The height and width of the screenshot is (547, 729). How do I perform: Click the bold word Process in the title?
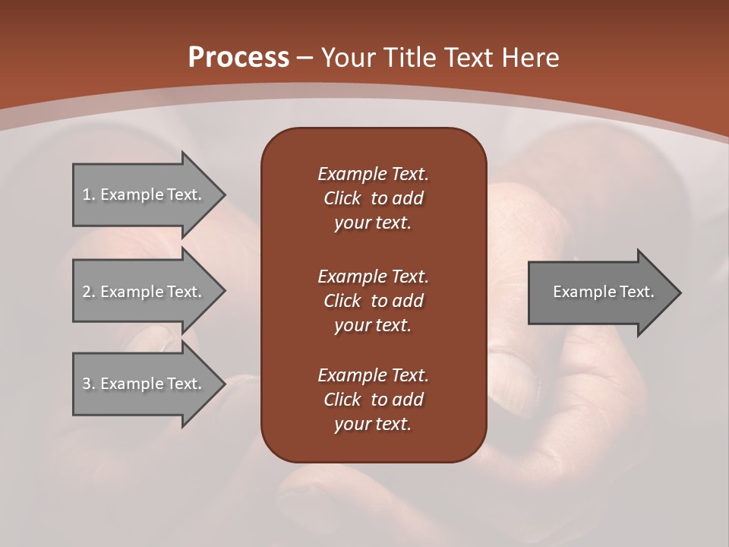point(238,58)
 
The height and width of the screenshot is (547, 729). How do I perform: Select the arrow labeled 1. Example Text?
point(142,194)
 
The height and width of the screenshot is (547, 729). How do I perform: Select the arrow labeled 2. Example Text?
point(142,292)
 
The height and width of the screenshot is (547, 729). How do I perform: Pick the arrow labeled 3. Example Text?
point(142,384)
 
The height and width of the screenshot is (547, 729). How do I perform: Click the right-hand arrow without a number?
point(600,292)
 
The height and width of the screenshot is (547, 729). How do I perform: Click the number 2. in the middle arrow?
point(88,292)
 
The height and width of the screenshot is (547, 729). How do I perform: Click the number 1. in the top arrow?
point(88,194)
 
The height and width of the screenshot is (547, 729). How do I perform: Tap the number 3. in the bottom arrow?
point(88,384)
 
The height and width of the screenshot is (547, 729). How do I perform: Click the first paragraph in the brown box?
point(373,198)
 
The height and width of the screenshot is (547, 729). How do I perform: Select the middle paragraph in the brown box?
point(373,301)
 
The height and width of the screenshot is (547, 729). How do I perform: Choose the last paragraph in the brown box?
point(373,400)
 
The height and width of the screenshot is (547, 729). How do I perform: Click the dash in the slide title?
point(305,58)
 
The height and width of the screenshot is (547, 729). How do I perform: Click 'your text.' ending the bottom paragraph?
point(373,424)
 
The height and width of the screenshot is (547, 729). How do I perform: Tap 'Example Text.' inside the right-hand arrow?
point(603,292)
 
